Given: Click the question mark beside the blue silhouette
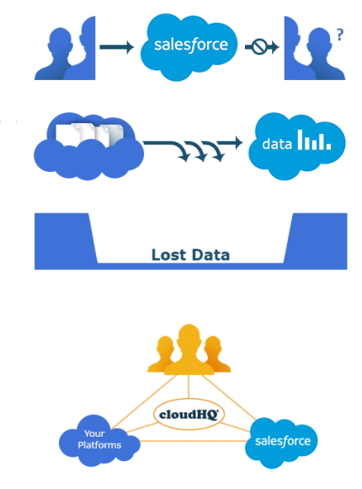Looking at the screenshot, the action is coord(340,35).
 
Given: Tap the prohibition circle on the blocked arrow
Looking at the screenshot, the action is coord(259,47).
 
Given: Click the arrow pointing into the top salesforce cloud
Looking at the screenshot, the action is coord(117,47).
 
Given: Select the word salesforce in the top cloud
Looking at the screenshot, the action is coord(191,46).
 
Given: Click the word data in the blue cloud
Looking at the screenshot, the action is coord(277,144).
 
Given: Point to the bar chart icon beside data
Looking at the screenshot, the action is coord(314,140).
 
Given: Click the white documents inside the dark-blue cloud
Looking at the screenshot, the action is coord(90,134).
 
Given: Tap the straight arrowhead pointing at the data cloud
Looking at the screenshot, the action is coord(238,142).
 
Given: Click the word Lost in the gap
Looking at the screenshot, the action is coord(168,255).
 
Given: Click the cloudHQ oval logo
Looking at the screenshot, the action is coord(189,414).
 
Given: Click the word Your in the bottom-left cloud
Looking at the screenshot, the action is coord(94,434).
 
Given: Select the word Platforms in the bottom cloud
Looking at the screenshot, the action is coord(99,445).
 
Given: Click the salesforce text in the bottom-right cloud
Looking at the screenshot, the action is coord(283,441).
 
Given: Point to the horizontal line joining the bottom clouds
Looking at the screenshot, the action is coord(193,441).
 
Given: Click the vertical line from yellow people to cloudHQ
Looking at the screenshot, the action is coord(189,386).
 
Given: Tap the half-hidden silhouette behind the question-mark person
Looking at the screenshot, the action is coord(294,48).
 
